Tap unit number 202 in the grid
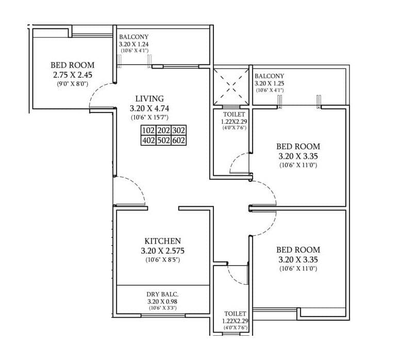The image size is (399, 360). (x=163, y=131)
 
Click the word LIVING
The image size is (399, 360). (x=149, y=99)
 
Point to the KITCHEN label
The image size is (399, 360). (x=162, y=241)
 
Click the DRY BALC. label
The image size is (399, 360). (x=162, y=294)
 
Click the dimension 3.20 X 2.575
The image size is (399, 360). (x=162, y=251)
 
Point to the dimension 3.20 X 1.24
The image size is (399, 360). (x=134, y=44)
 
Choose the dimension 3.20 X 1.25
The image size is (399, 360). (x=269, y=83)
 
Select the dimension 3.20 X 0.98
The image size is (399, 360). (x=162, y=301)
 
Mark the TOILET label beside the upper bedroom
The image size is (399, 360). (x=230, y=114)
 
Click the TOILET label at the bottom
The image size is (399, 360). (x=235, y=314)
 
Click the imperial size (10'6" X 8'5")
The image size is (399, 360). (x=162, y=259)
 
